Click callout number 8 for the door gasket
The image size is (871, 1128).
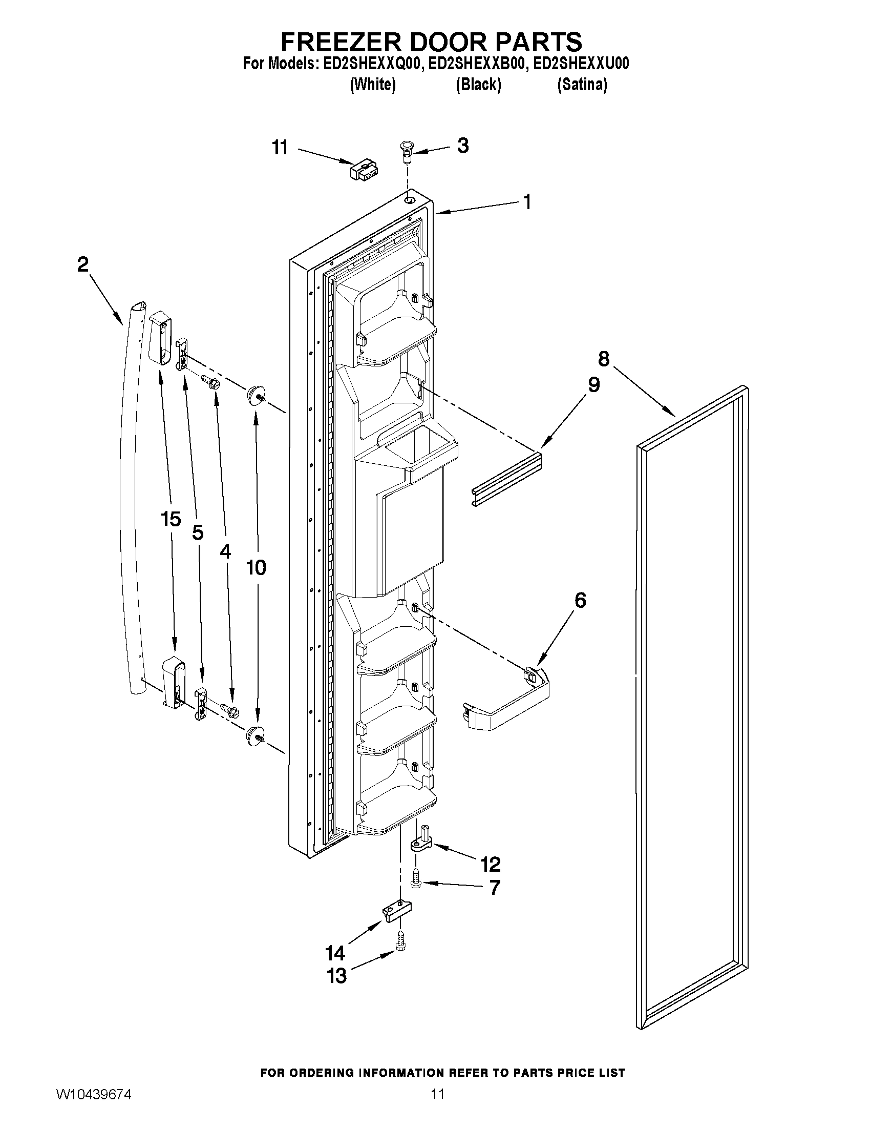(x=603, y=359)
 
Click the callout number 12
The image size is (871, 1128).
(x=490, y=864)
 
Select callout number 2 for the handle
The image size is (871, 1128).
(x=82, y=265)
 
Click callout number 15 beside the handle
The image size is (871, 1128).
(x=171, y=519)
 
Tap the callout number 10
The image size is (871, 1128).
(x=256, y=568)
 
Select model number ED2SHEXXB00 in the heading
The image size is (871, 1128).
(x=478, y=64)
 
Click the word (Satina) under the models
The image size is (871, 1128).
(x=582, y=85)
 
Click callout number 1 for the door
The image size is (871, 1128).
(x=527, y=202)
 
